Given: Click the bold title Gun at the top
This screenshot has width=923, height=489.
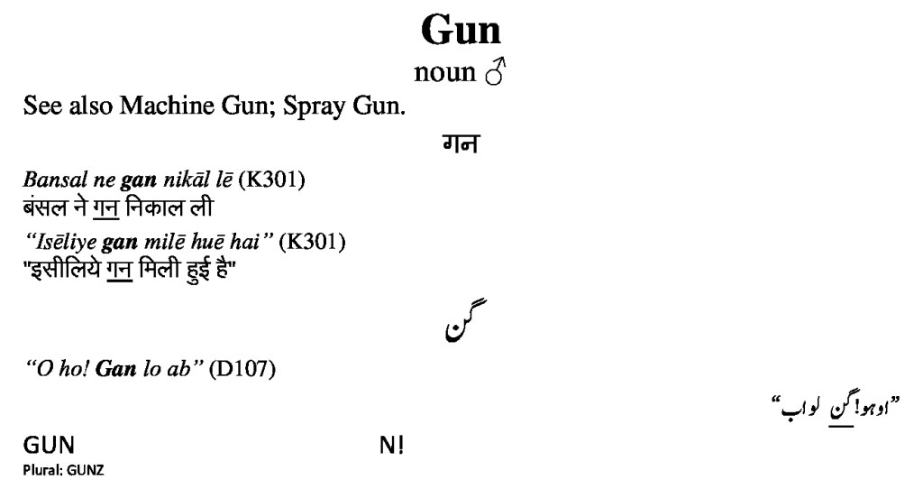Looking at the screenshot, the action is point(461,31).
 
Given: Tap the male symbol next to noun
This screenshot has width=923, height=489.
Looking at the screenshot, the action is point(495,72).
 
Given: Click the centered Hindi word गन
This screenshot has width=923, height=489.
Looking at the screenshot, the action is point(461,143).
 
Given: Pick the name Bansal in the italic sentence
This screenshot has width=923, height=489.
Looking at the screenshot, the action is point(55,180).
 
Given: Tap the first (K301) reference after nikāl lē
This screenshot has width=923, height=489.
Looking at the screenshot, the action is point(271,180).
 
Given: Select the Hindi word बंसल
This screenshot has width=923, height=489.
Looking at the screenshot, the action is point(45,208).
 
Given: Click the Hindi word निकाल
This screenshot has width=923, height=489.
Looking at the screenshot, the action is point(151,208).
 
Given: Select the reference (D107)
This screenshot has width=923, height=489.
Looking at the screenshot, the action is point(242,369).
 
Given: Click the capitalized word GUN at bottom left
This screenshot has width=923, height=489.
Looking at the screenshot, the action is point(49,446).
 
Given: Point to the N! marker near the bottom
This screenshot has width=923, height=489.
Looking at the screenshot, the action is point(392,446).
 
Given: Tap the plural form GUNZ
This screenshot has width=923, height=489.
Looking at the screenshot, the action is point(86,470).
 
